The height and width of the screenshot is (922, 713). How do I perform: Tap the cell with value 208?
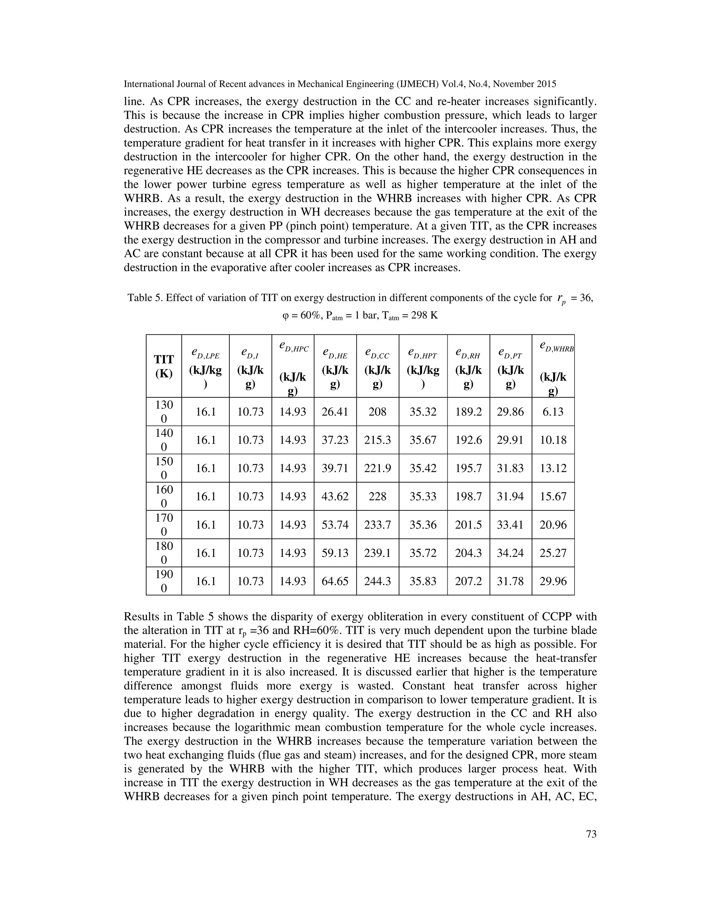(377, 412)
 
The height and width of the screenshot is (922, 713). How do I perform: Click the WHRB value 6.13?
(553, 412)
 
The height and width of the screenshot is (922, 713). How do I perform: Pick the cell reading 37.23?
(335, 440)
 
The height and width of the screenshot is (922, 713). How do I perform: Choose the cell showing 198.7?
(469, 496)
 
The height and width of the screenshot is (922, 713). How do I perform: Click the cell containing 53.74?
(335, 525)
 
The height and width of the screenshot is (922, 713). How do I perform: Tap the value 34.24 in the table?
(510, 553)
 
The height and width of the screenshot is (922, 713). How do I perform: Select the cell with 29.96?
(553, 581)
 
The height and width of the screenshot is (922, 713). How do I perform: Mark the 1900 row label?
(164, 581)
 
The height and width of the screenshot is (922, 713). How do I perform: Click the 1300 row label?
(164, 412)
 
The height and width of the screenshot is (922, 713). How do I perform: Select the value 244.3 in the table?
(377, 581)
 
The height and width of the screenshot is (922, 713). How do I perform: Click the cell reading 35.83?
(423, 581)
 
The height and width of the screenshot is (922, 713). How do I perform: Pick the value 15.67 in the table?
(553, 496)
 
